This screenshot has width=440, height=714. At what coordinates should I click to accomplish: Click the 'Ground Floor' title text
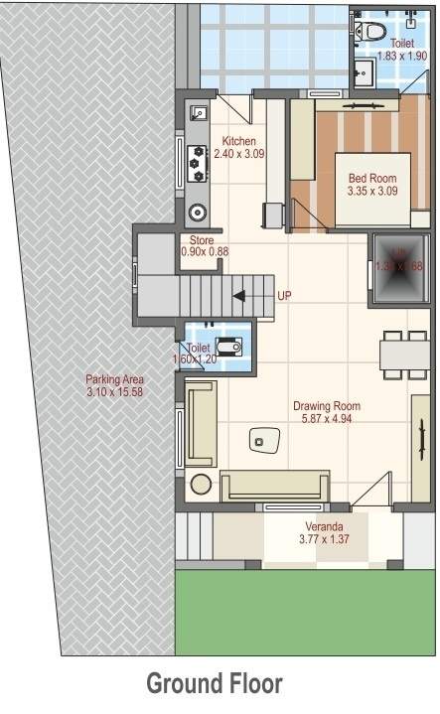click(215, 684)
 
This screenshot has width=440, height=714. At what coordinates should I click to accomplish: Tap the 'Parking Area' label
click(115, 379)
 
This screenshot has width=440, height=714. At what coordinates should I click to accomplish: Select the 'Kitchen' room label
click(239, 140)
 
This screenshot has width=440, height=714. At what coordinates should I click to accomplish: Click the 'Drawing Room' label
click(326, 406)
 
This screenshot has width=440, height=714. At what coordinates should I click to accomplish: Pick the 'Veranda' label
click(320, 526)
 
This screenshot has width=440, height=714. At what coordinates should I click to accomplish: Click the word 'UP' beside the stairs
click(285, 296)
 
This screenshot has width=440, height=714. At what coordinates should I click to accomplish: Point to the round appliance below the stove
click(198, 211)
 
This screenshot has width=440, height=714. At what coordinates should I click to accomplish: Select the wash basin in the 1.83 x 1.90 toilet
click(363, 71)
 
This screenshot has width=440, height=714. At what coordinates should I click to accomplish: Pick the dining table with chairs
click(402, 353)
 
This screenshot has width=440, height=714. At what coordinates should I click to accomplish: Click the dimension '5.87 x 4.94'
click(326, 419)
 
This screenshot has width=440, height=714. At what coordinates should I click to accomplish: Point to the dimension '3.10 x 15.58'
click(115, 392)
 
